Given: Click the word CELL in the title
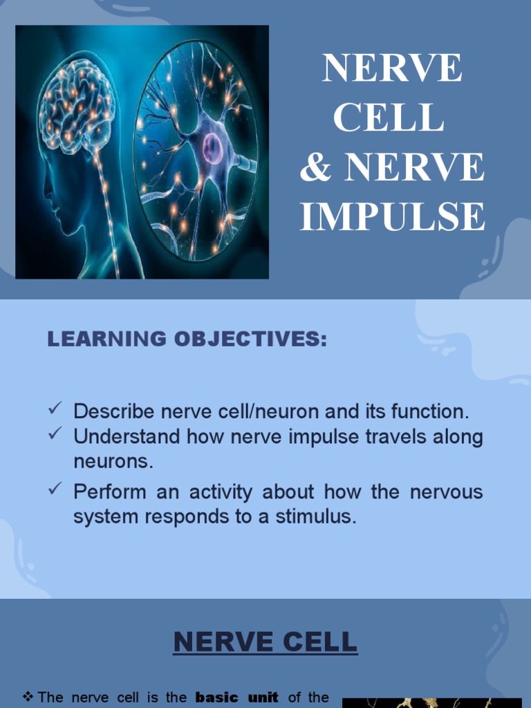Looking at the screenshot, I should pyautogui.click(x=388, y=118).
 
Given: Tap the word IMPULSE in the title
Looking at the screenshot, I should pyautogui.click(x=392, y=216).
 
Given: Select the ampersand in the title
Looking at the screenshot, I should pyautogui.click(x=315, y=168).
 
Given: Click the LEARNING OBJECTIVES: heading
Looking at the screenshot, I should pyautogui.click(x=187, y=339).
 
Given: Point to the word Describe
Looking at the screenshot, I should pyautogui.click(x=114, y=412).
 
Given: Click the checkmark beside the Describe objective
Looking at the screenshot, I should pyautogui.click(x=56, y=411).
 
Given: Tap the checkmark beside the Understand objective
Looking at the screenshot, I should pyautogui.click(x=56, y=435).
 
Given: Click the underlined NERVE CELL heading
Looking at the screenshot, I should pyautogui.click(x=265, y=642).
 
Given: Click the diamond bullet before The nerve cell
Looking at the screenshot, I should pyautogui.click(x=28, y=698).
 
